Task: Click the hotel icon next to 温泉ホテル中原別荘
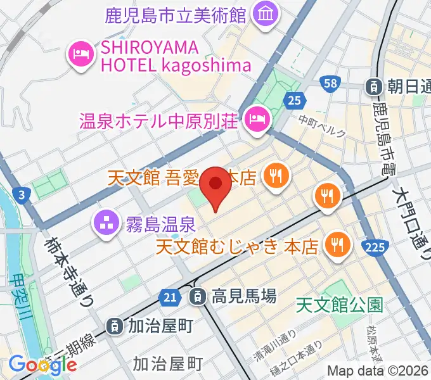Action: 257,117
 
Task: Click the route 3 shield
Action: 22,196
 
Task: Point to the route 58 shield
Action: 329,83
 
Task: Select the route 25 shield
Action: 293,99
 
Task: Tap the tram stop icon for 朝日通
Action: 375,85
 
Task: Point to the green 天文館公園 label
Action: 340,306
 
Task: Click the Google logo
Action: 43,365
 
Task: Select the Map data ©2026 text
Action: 378,370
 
